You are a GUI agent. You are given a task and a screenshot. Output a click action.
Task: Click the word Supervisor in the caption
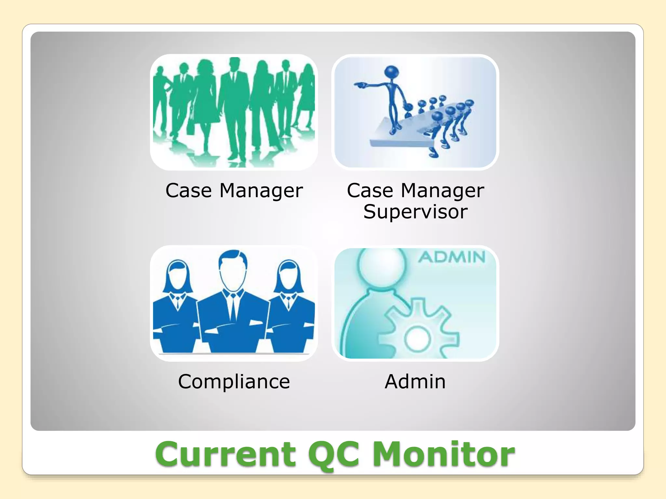click(x=415, y=212)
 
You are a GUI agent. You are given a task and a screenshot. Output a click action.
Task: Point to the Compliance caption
click(x=234, y=381)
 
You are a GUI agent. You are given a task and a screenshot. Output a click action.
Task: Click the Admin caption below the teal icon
click(x=415, y=381)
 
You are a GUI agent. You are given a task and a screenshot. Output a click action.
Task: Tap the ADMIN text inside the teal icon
click(x=452, y=257)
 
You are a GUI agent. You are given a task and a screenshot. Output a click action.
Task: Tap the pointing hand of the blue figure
click(x=359, y=85)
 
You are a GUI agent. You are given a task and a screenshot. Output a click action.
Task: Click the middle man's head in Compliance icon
click(x=233, y=270)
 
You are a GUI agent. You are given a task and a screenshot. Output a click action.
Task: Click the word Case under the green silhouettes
click(x=189, y=190)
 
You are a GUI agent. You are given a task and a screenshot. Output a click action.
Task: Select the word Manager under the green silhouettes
click(x=261, y=191)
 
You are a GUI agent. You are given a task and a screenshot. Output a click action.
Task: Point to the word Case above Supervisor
click(x=370, y=190)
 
